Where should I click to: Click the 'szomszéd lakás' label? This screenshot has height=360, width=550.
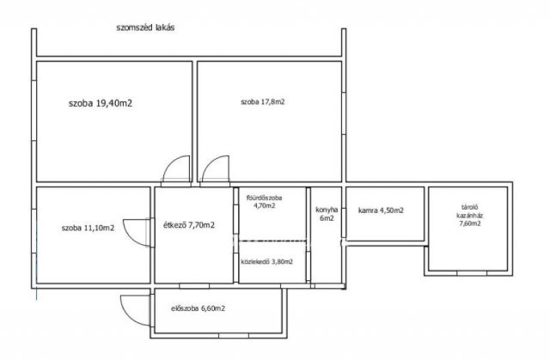(145, 27)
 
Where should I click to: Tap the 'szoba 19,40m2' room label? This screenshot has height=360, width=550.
(101, 103)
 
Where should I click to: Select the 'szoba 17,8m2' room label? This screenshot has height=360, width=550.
(262, 102)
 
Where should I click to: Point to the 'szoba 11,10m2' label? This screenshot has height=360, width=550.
(88, 229)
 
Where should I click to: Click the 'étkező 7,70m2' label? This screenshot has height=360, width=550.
(189, 225)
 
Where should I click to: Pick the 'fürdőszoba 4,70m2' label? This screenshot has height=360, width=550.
(265, 202)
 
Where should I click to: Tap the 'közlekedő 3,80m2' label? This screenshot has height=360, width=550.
(266, 261)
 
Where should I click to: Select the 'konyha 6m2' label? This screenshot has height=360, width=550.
(327, 214)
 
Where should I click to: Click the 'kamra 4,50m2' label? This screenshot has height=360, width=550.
(381, 211)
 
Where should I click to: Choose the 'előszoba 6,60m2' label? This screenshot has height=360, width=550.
(199, 308)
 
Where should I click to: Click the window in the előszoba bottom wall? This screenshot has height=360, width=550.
(233, 336)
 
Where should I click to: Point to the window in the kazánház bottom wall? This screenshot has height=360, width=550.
(472, 273)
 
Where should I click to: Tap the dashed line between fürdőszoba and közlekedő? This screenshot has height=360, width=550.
(272, 241)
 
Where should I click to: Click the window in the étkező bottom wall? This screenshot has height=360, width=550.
(194, 286)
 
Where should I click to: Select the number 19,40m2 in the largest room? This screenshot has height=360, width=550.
(114, 103)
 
